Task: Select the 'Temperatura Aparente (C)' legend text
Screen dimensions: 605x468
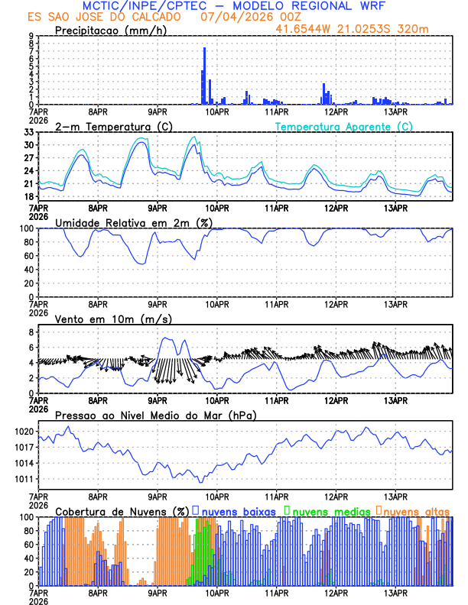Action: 343,126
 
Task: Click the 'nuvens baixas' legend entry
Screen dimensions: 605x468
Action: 238,510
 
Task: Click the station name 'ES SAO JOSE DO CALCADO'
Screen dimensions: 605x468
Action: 105,16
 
